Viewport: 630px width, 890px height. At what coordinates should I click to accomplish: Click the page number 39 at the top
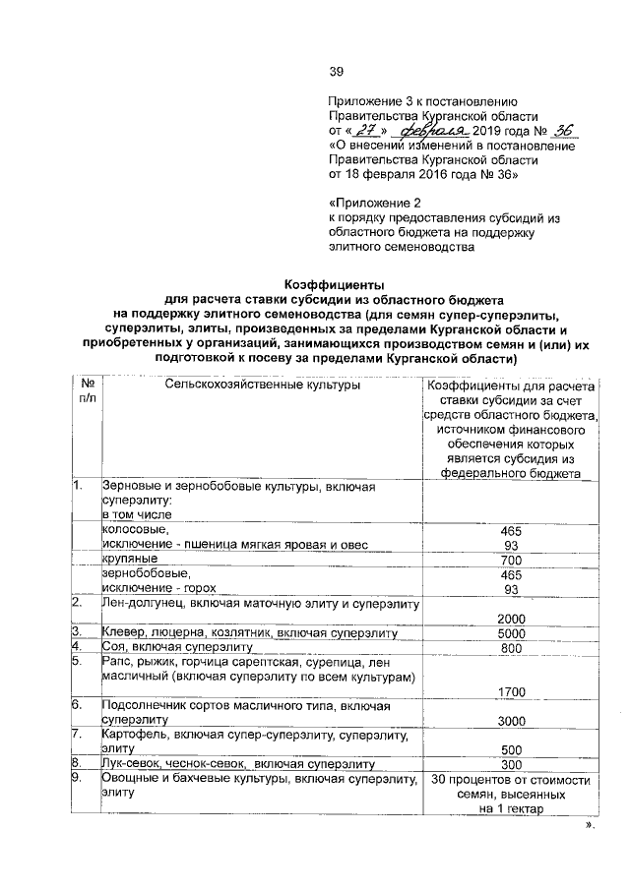[x=335, y=70]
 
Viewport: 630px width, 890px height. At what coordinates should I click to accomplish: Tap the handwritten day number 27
[x=366, y=130]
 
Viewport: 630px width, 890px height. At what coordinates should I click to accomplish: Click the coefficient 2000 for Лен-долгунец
[x=510, y=616]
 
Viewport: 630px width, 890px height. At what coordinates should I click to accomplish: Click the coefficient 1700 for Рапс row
[x=510, y=692]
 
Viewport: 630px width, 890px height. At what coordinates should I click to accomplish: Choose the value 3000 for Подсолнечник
[x=510, y=721]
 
